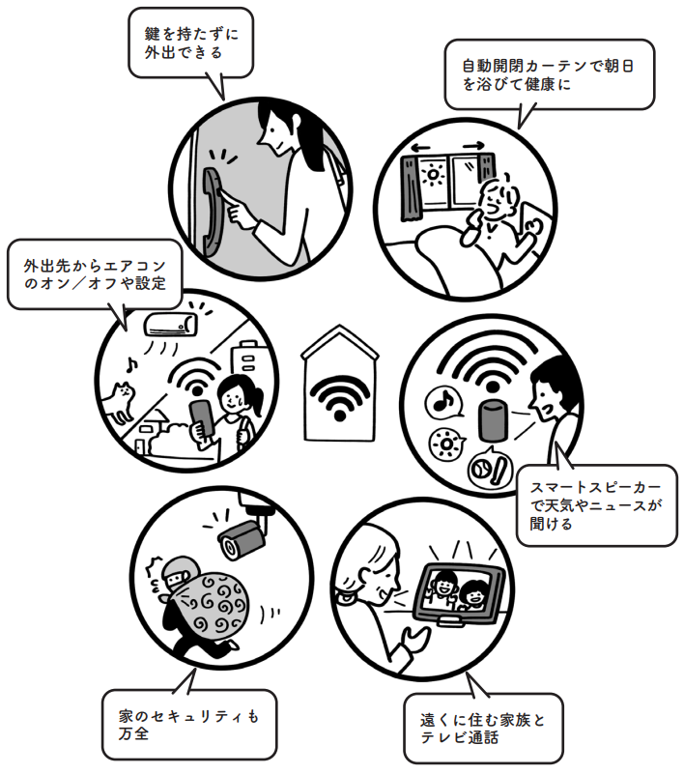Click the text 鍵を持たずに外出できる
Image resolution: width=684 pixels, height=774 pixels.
(190, 43)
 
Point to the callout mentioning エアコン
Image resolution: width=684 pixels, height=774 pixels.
(95, 274)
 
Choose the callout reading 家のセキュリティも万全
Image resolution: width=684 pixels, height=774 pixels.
(188, 725)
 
